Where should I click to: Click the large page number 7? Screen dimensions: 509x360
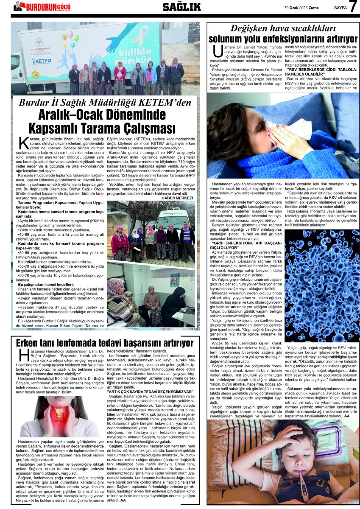click(x=352, y=7)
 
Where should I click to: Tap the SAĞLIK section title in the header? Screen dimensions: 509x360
click(x=182, y=7)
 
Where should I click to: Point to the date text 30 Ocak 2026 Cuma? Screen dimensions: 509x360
click(x=302, y=7)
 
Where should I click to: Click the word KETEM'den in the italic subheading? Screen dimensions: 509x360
click(x=165, y=102)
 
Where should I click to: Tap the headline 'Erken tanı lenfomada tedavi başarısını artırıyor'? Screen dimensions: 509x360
click(x=105, y=343)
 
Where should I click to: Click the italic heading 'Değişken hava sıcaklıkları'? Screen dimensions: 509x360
click(x=283, y=29)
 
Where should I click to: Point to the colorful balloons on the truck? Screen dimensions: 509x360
click(x=70, y=39)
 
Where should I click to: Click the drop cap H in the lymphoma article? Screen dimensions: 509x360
click(x=22, y=356)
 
